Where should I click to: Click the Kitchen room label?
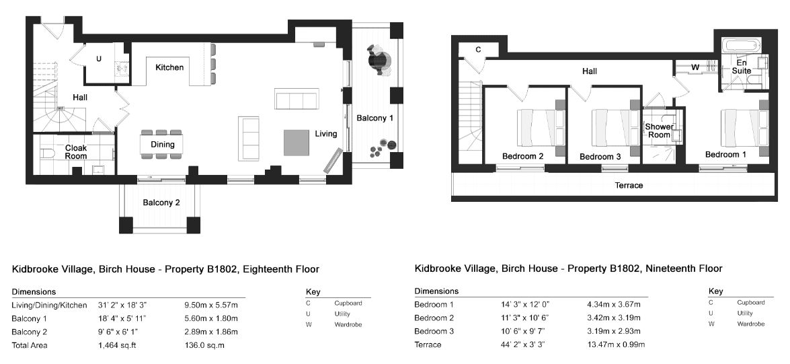[x=169, y=67]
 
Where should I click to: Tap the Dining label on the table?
[x=162, y=144]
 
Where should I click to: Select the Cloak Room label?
[x=75, y=152]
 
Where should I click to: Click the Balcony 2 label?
[x=161, y=203]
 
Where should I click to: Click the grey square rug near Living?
[x=297, y=143]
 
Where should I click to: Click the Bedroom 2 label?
[x=522, y=156]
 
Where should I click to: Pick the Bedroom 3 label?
[x=600, y=157]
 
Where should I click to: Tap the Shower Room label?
[x=659, y=131]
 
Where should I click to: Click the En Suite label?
[x=741, y=67]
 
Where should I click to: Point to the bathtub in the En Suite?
[x=741, y=46]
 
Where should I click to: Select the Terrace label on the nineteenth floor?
[x=629, y=186]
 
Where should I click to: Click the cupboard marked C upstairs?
[x=478, y=49]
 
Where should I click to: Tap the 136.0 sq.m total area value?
[x=204, y=345]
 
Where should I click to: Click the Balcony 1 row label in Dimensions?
[x=29, y=319]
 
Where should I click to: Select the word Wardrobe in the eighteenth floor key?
[x=348, y=324]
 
